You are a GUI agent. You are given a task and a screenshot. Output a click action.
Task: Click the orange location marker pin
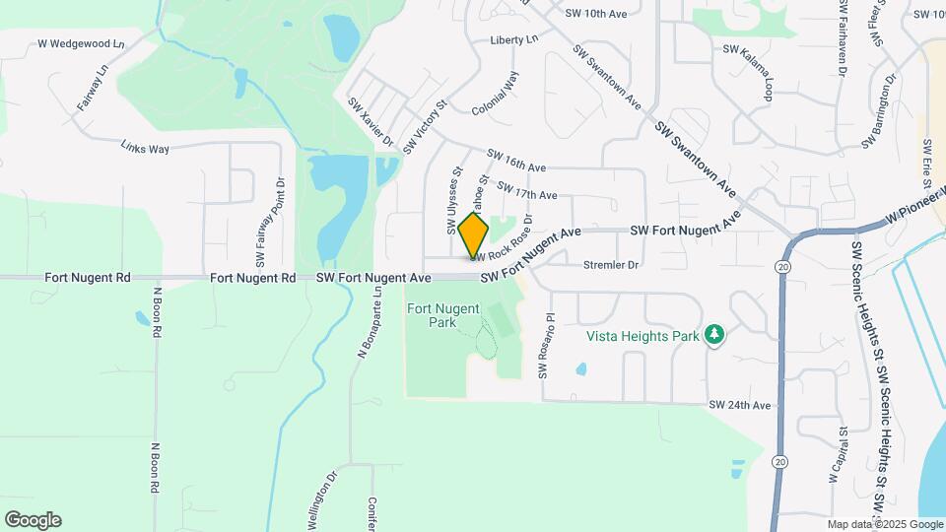click(x=473, y=233)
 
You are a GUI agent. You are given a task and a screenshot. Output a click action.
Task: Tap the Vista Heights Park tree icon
click(x=713, y=336)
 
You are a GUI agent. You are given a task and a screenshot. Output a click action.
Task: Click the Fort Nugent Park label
click(x=443, y=315)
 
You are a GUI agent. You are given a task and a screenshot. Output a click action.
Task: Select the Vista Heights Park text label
click(x=642, y=336)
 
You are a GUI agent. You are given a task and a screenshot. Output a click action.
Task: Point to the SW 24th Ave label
click(x=739, y=405)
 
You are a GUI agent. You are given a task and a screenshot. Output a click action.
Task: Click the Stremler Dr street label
click(x=611, y=265)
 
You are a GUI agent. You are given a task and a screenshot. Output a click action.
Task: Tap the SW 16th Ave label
click(x=517, y=161)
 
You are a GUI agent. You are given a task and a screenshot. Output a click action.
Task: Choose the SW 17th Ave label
click(x=527, y=190)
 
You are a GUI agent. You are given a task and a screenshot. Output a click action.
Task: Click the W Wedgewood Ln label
click(x=82, y=44)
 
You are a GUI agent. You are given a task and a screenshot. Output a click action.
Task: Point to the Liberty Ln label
click(x=514, y=40)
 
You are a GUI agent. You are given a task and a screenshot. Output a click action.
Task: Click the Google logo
click(x=33, y=520)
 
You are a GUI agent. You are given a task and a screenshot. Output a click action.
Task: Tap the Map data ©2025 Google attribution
click(x=884, y=524)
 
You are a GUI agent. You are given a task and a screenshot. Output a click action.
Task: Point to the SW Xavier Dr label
click(x=371, y=122)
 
